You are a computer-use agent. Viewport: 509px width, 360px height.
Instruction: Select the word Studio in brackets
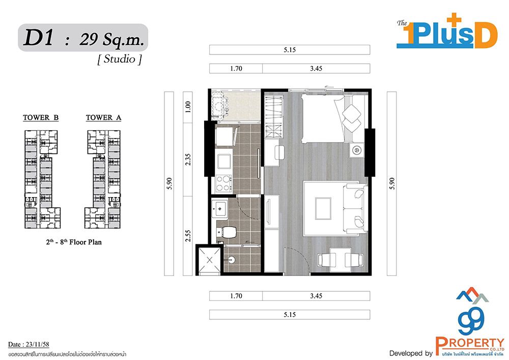pyautogui.click(x=120, y=59)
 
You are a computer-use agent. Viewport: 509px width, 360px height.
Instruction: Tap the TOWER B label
pyautogui.click(x=41, y=118)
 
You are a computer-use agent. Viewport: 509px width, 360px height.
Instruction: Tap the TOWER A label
pyautogui.click(x=103, y=118)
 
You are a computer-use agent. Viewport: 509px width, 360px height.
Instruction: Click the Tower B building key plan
pyautogui.click(x=42, y=179)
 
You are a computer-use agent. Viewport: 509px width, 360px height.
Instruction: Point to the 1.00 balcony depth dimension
pyautogui.click(x=188, y=106)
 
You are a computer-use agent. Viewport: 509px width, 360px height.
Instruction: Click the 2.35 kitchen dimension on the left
pyautogui.click(x=188, y=159)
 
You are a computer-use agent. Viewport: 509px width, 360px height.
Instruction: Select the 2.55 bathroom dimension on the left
pyautogui.click(x=188, y=236)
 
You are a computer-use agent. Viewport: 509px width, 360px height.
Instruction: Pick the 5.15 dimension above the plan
pyautogui.click(x=290, y=50)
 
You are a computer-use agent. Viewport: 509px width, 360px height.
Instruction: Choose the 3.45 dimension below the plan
pyautogui.click(x=316, y=296)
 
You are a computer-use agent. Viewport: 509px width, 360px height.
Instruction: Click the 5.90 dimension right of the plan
pyautogui.click(x=391, y=183)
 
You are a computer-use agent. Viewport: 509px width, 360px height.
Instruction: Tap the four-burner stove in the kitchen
pyautogui.click(x=223, y=183)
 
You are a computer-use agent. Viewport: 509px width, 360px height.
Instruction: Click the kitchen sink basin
pyautogui.click(x=224, y=161)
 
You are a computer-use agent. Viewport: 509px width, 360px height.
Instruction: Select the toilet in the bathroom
pyautogui.click(x=227, y=232)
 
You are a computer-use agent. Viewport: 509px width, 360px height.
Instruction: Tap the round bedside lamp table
pyautogui.click(x=357, y=150)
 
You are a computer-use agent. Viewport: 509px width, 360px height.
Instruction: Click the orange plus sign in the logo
pyautogui.click(x=454, y=20)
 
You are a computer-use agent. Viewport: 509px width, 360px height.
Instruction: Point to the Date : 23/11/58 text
pyautogui.click(x=29, y=344)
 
